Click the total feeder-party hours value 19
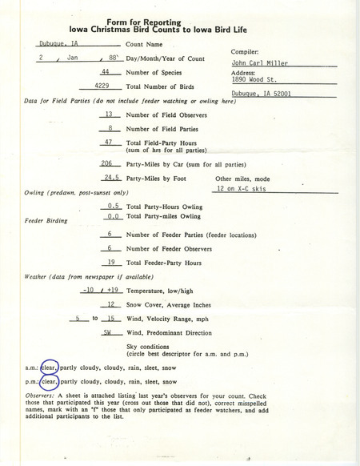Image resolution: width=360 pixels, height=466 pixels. pos(114,262)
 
